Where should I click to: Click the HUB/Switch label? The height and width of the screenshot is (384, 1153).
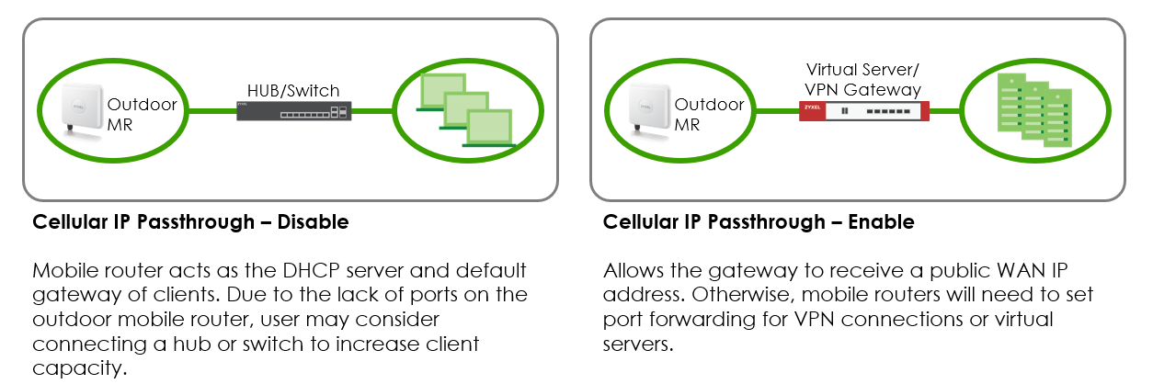point(293,90)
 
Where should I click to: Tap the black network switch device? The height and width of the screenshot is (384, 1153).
point(293,112)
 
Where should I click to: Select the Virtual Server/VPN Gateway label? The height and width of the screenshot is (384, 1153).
point(862,79)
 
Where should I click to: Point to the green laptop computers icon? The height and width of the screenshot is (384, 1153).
point(465,110)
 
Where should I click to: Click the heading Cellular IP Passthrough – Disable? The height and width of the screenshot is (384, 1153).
point(190,222)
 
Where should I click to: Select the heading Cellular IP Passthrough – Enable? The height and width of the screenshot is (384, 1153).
point(759,222)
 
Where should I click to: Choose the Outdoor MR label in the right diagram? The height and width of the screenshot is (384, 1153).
point(708,114)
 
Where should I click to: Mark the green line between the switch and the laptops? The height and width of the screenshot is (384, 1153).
point(372,112)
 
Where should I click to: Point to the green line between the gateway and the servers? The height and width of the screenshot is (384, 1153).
point(944,111)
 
